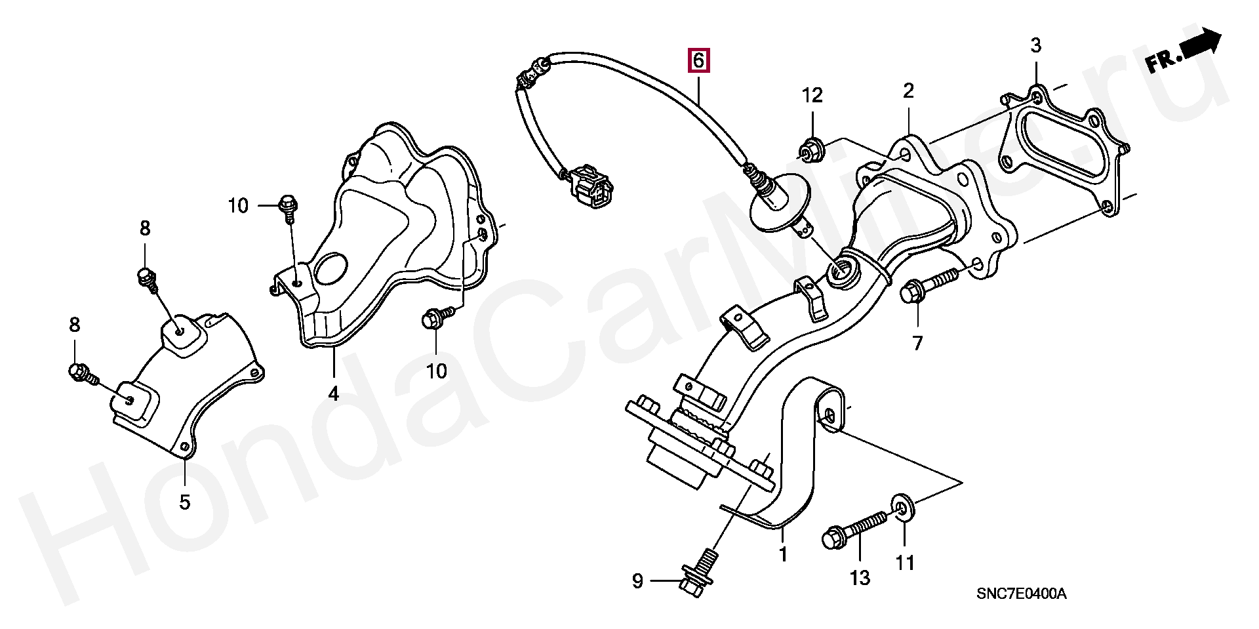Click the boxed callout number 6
pos(698,60)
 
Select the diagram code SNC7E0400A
pos(1021,594)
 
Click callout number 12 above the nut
pos(812,96)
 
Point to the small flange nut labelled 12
pos(811,150)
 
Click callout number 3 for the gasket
pos(1035,46)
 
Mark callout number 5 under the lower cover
pos(185,502)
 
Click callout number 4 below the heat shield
pos(334,394)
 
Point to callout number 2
pos(908,91)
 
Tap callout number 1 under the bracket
pos(783,555)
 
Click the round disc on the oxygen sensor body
pos(780,202)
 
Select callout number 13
pos(860,578)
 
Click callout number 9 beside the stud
pos(637,581)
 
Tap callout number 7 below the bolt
pos(917,343)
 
